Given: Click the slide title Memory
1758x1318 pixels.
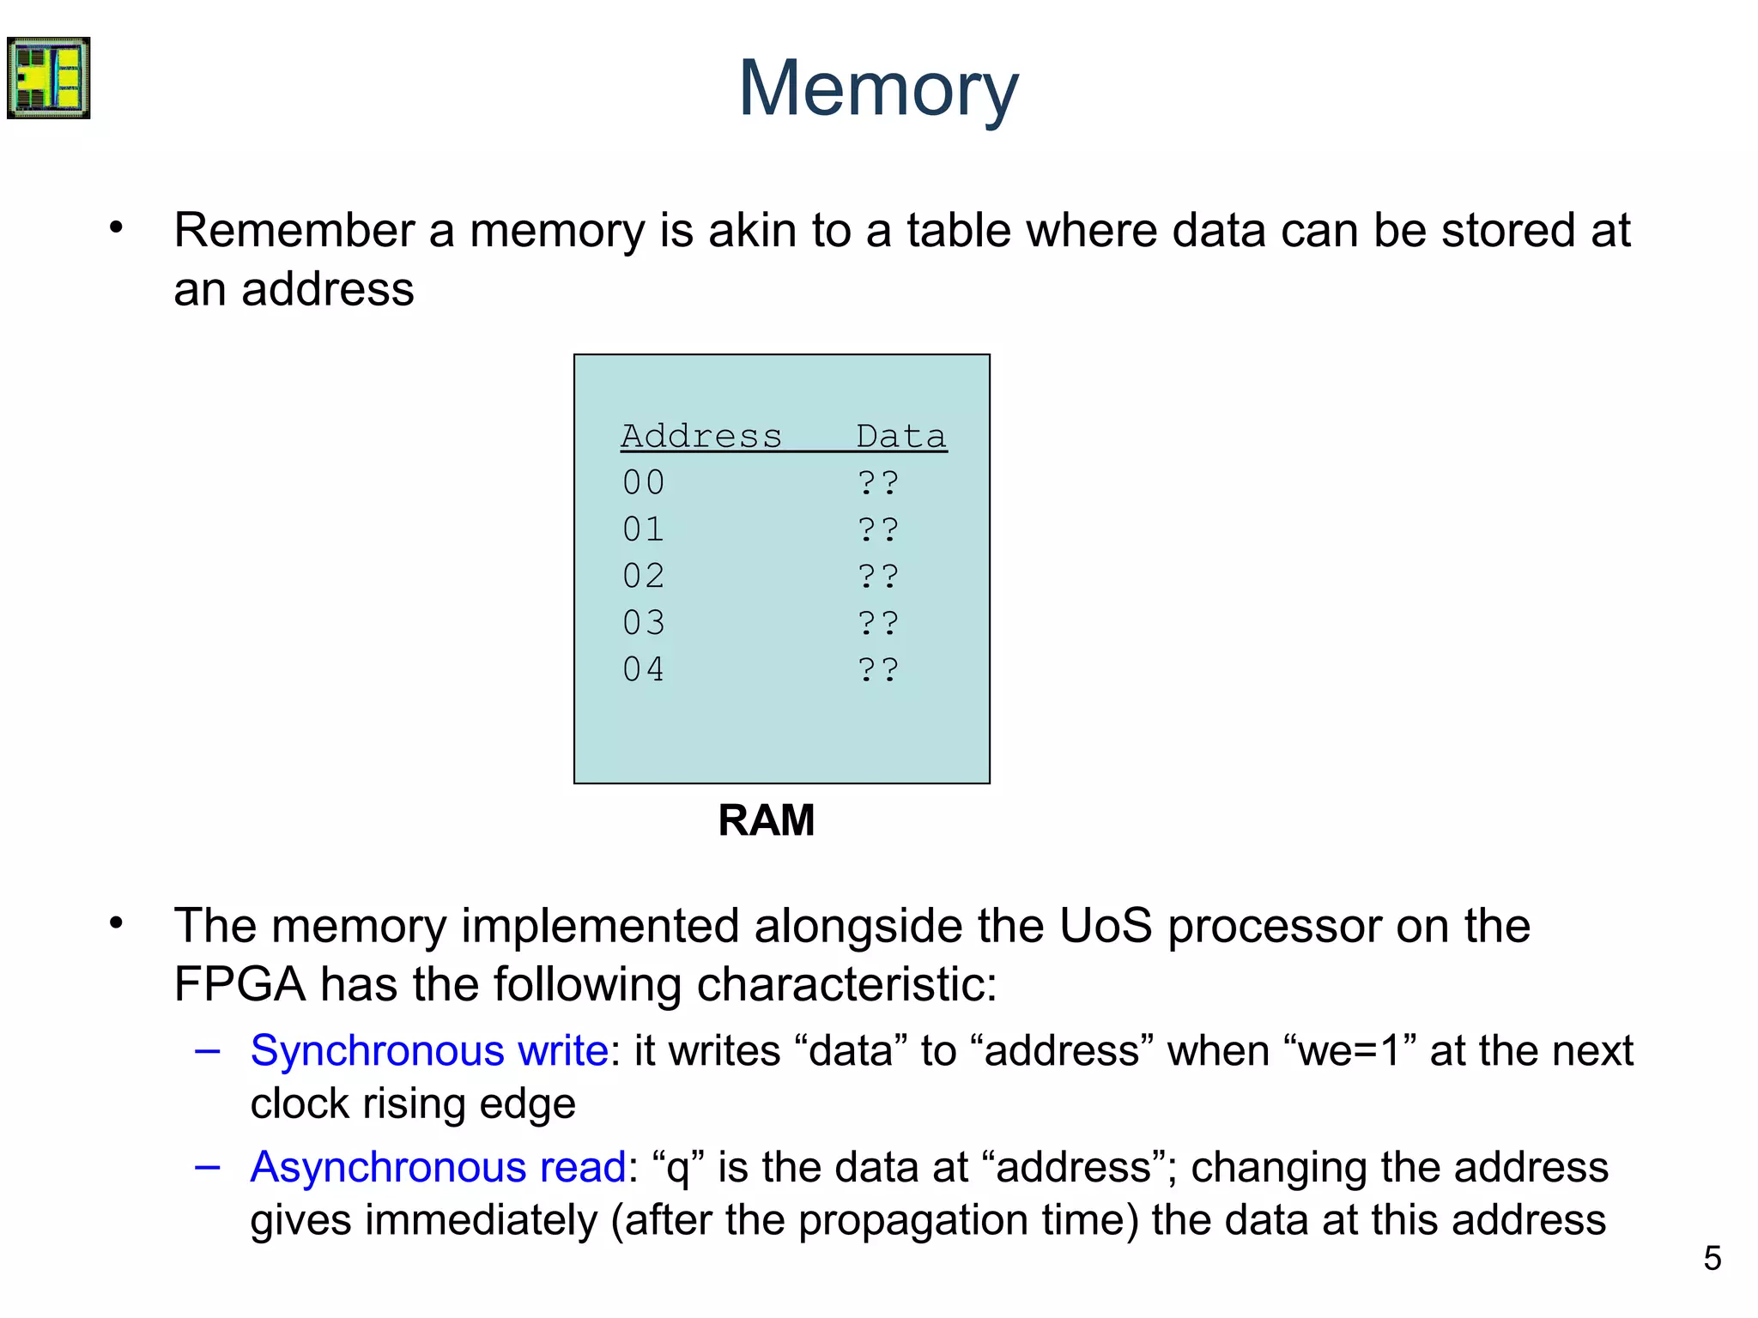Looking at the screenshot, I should pyautogui.click(x=878, y=89).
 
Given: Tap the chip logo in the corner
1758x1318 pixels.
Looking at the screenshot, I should pyautogui.click(x=49, y=78).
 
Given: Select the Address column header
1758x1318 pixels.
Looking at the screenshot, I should pyautogui.click(x=701, y=436).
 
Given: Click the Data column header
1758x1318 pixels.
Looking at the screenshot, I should pyautogui.click(x=900, y=436).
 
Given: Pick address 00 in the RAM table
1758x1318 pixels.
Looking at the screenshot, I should pyautogui.click(x=644, y=482).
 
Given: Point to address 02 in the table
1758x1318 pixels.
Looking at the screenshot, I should pyautogui.click(x=644, y=576).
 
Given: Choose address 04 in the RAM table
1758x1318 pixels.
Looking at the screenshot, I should pyautogui.click(x=644, y=669).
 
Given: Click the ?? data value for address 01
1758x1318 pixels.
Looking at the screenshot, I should pyautogui.click(x=878, y=529).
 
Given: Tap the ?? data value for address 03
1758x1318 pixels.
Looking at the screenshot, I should pyautogui.click(x=878, y=623).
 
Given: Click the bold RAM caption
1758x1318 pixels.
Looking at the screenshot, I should pyautogui.click(x=766, y=820).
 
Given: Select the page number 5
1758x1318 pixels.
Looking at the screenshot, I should pyautogui.click(x=1712, y=1259).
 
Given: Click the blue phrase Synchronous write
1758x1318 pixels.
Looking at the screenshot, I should pyautogui.click(x=429, y=1051).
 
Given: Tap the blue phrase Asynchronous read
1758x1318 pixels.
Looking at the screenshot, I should pyautogui.click(x=438, y=1168).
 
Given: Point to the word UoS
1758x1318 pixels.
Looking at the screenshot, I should pyautogui.click(x=1105, y=927).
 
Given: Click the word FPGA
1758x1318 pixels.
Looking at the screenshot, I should pyautogui.click(x=239, y=984).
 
